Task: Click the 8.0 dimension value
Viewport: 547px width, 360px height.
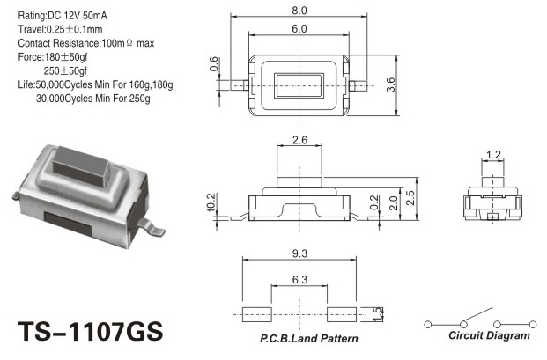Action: pyautogui.click(x=299, y=11)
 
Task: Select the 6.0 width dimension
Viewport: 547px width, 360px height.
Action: pyautogui.click(x=299, y=28)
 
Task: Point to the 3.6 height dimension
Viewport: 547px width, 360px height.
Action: pyautogui.click(x=391, y=84)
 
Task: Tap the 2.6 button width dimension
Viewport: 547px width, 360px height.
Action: pyautogui.click(x=299, y=140)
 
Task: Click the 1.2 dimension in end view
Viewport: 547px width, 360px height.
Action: pyautogui.click(x=493, y=154)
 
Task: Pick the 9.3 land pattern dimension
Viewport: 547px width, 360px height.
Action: pyautogui.click(x=299, y=253)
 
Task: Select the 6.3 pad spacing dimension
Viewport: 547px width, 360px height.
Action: pyautogui.click(x=299, y=280)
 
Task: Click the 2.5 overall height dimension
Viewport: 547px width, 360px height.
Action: pyautogui.click(x=410, y=198)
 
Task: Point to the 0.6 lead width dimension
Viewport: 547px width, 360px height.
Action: pyautogui.click(x=214, y=64)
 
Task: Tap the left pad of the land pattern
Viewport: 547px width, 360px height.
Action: pyautogui.click(x=257, y=314)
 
